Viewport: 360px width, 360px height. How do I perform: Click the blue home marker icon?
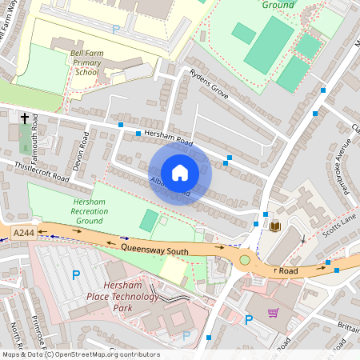coord(180,173)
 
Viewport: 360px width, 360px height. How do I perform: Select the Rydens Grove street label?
coord(210,83)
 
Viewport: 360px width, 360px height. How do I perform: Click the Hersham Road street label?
coord(174,137)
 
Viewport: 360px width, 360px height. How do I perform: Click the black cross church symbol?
coord(25,118)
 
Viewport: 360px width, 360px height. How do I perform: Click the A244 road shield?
coord(24,232)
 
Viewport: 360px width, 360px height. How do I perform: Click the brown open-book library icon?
coord(275,226)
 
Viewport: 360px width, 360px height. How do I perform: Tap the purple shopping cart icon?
coord(274,313)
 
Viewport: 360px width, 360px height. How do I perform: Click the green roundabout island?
coord(245,260)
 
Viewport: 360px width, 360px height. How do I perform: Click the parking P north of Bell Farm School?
coord(116,29)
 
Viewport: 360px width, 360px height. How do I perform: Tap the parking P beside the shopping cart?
coord(248,320)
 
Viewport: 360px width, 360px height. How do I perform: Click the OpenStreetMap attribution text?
coord(70,354)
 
